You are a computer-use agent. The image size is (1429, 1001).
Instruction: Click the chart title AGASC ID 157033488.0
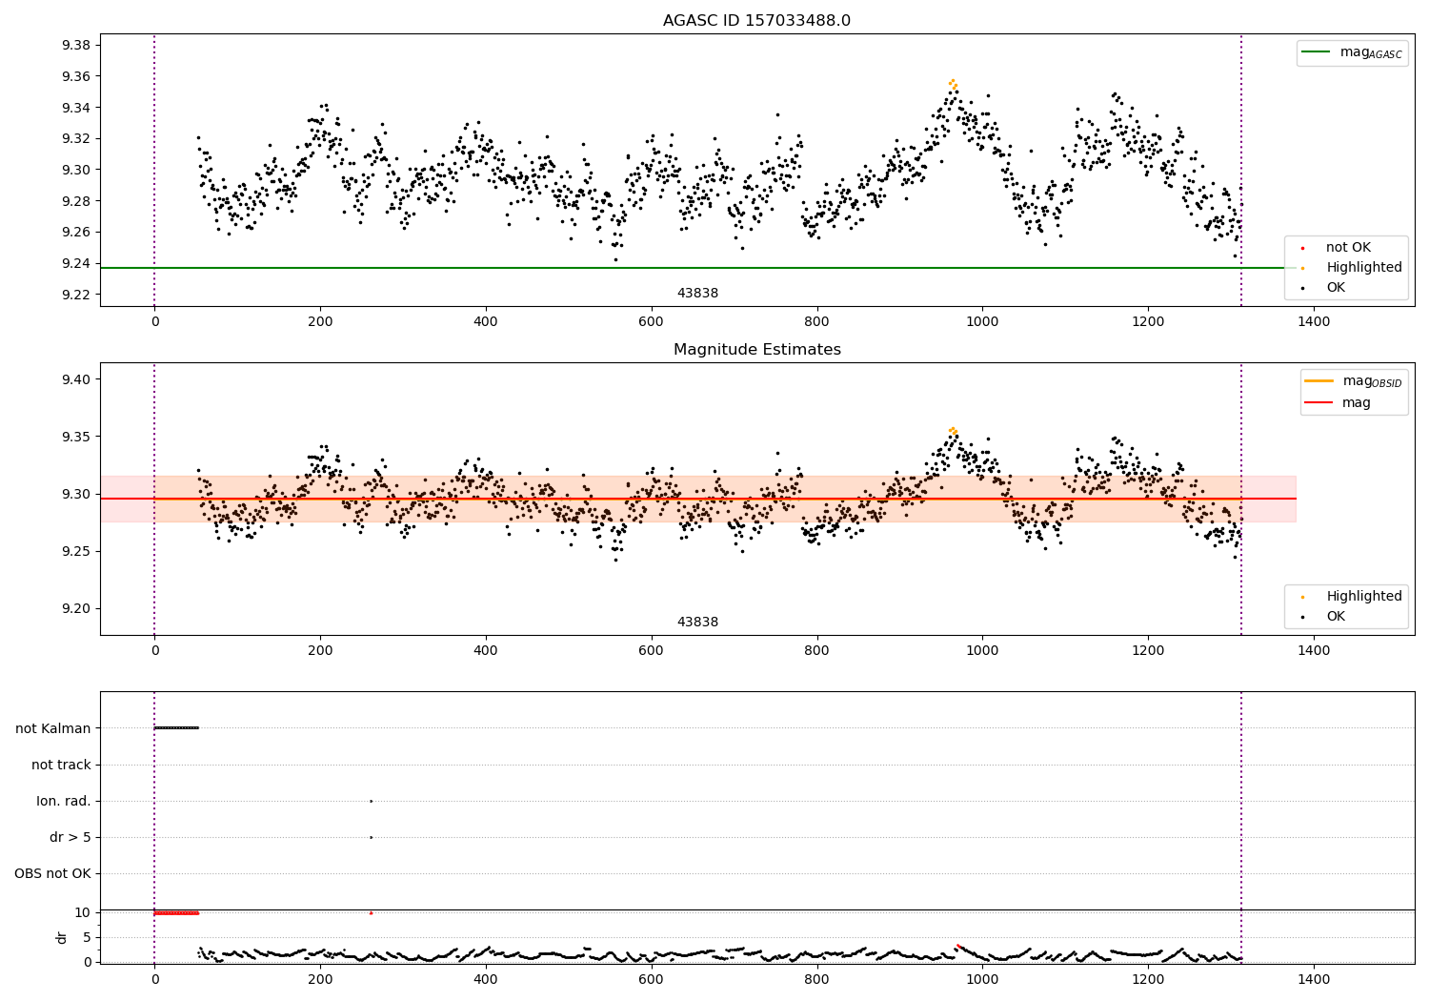tap(756, 21)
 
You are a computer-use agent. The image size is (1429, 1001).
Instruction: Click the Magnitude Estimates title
tap(756, 350)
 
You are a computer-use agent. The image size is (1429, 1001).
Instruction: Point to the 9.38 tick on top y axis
tap(75, 45)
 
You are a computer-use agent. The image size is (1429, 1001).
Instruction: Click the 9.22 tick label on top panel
tap(75, 295)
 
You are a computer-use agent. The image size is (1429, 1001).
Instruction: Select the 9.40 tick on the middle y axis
tap(75, 379)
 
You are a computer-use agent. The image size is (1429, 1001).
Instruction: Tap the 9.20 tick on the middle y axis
tap(75, 609)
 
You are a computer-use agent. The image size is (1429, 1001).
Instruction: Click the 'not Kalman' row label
tap(53, 728)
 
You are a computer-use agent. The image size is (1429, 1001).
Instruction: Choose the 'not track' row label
tap(61, 765)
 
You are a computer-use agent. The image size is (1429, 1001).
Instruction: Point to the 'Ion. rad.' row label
tap(64, 801)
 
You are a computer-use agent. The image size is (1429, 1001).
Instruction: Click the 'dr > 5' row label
tap(70, 837)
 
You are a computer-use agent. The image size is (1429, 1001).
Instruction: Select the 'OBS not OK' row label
tap(53, 873)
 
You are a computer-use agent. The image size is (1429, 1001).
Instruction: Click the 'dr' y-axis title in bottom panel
tap(62, 937)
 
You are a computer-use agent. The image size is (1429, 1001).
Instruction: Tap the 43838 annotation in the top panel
tap(697, 294)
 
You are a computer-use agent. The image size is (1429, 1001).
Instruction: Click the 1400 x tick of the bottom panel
tap(1314, 979)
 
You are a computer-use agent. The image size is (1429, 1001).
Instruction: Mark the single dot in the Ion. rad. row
tap(371, 801)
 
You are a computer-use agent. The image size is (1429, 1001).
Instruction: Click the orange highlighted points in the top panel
tap(953, 84)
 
